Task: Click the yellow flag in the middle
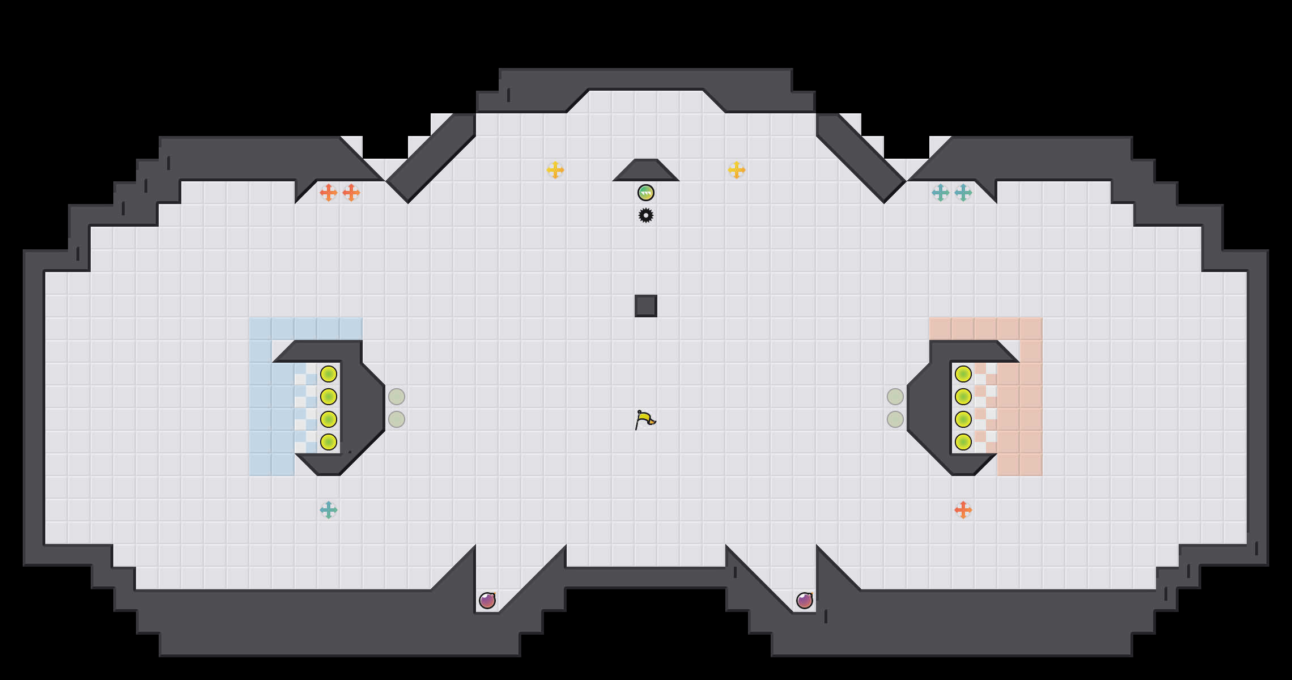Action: click(645, 420)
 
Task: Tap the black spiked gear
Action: click(646, 215)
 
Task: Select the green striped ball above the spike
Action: click(646, 193)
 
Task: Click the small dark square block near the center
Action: click(646, 306)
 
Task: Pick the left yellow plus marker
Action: click(555, 170)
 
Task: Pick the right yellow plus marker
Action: click(737, 170)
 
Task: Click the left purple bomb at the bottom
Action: click(487, 601)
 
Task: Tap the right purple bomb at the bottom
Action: click(805, 601)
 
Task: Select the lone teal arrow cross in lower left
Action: click(329, 510)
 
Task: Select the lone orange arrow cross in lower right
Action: click(963, 510)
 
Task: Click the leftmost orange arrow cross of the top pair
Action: click(329, 193)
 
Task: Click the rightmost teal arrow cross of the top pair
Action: click(963, 193)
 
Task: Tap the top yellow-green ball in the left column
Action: click(329, 374)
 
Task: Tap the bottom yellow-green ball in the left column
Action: click(329, 442)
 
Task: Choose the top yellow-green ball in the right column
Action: click(963, 374)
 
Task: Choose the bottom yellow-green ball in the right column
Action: click(963, 442)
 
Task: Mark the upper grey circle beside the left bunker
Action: click(397, 397)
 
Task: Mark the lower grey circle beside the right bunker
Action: click(895, 419)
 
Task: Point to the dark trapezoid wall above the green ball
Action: click(646, 171)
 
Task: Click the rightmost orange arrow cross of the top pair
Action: click(351, 193)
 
